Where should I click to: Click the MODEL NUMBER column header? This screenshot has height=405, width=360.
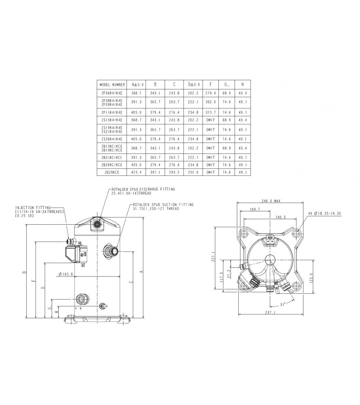(x=112, y=85)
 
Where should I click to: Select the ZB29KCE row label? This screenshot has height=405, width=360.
(x=112, y=172)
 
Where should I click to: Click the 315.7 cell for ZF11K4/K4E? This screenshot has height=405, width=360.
(x=210, y=112)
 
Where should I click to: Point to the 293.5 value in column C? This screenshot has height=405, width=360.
(x=174, y=172)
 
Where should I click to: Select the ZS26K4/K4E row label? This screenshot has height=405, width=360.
(x=112, y=139)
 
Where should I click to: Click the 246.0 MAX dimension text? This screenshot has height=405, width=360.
(x=270, y=201)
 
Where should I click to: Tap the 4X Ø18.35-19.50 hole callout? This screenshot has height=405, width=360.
(x=324, y=213)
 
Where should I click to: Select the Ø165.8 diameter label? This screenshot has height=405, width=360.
(x=66, y=274)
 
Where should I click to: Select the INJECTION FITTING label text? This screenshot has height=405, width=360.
(x=33, y=208)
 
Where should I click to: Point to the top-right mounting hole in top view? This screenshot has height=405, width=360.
(x=296, y=234)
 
